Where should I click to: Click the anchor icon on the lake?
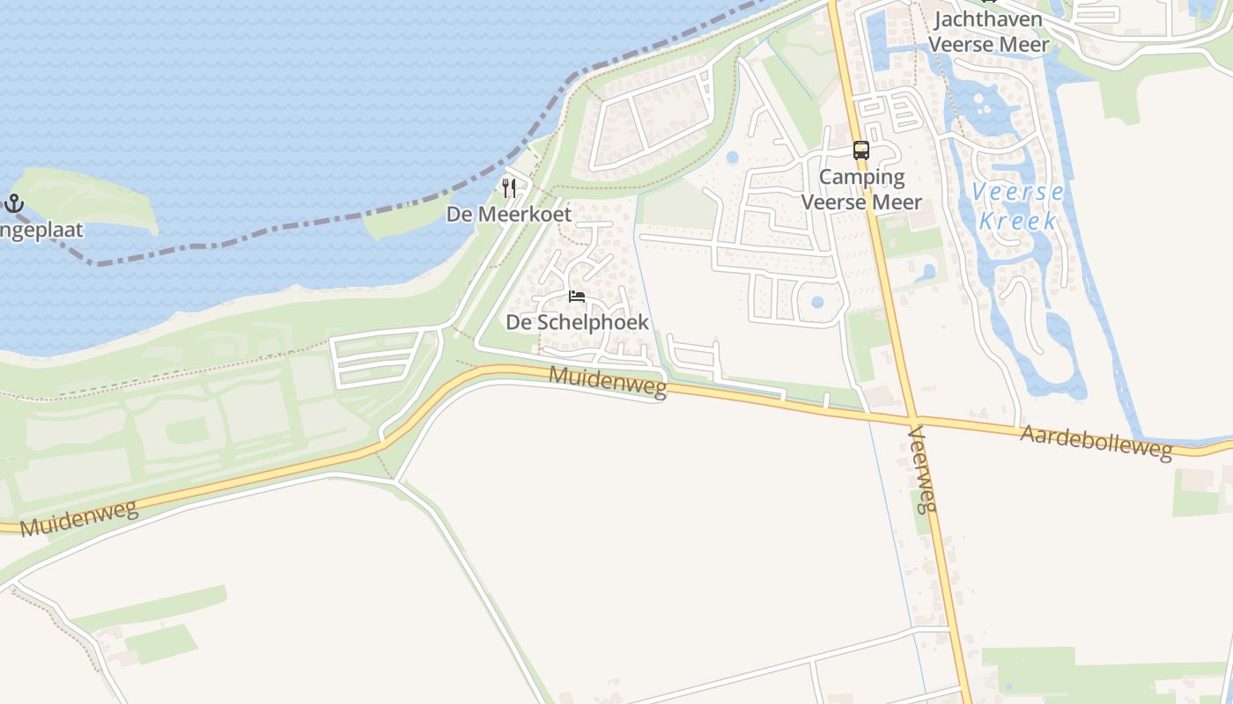tap(13, 204)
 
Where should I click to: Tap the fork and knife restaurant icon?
tap(509, 187)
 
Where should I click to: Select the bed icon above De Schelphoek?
tap(577, 297)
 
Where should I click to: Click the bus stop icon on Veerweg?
tap(860, 150)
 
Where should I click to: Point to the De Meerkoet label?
tap(509, 214)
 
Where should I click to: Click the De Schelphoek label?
tap(577, 322)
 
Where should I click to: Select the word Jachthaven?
tap(988, 19)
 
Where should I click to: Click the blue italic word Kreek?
tap(1018, 221)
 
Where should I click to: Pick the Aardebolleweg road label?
tap(1096, 443)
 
